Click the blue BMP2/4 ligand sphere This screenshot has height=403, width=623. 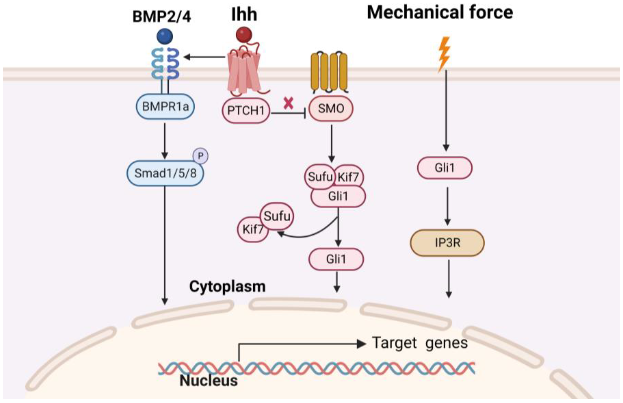(x=165, y=36)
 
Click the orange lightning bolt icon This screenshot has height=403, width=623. (x=444, y=54)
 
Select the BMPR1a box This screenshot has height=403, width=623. (x=165, y=106)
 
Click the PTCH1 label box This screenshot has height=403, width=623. (x=246, y=110)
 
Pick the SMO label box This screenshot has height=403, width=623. (x=331, y=108)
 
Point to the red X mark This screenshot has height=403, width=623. (x=288, y=103)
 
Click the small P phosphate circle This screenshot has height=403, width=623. (x=200, y=156)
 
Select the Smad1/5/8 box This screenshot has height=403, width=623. (x=165, y=173)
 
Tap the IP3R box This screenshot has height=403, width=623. (x=447, y=243)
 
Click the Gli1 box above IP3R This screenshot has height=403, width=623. (x=444, y=168)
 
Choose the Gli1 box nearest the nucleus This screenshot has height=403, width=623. (x=336, y=259)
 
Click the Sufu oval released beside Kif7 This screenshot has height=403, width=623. (x=277, y=216)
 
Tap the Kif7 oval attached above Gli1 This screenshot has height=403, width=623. (x=349, y=177)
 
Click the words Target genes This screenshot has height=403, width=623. (x=420, y=343)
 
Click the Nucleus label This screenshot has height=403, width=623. (x=209, y=380)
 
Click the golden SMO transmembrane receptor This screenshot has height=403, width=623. (x=329, y=72)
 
